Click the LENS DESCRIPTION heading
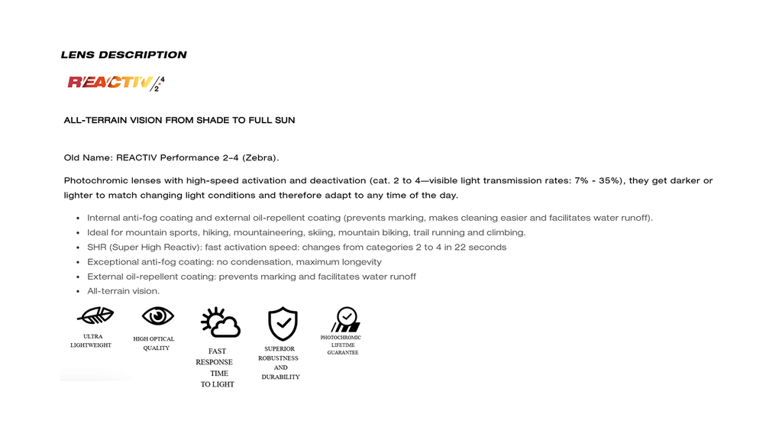pos(124,55)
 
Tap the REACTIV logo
pos(115,82)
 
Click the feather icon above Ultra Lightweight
pos(96,315)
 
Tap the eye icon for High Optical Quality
pos(157,315)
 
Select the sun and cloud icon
pos(220,323)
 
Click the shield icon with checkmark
pos(283,324)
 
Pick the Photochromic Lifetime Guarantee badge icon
pos(345,319)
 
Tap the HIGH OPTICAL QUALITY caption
pos(153,344)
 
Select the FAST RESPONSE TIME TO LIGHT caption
pos(217,367)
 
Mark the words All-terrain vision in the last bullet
pos(123,291)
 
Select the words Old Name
pos(88,158)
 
